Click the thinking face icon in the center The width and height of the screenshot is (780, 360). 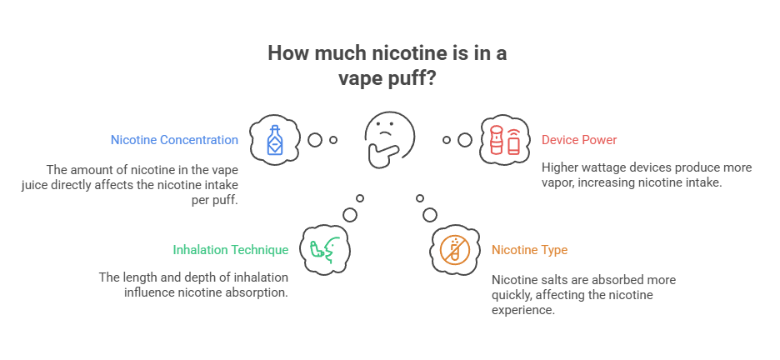(389, 138)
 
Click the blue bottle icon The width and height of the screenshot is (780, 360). (274, 139)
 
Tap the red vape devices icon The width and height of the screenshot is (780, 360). (505, 139)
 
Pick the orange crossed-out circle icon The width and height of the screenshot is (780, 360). (455, 248)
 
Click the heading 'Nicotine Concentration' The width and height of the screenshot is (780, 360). (174, 140)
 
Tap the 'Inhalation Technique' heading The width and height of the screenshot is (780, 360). (231, 249)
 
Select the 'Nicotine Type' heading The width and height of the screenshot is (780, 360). (529, 249)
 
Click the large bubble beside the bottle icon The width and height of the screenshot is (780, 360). (315, 139)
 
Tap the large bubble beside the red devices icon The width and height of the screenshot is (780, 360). (464, 139)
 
